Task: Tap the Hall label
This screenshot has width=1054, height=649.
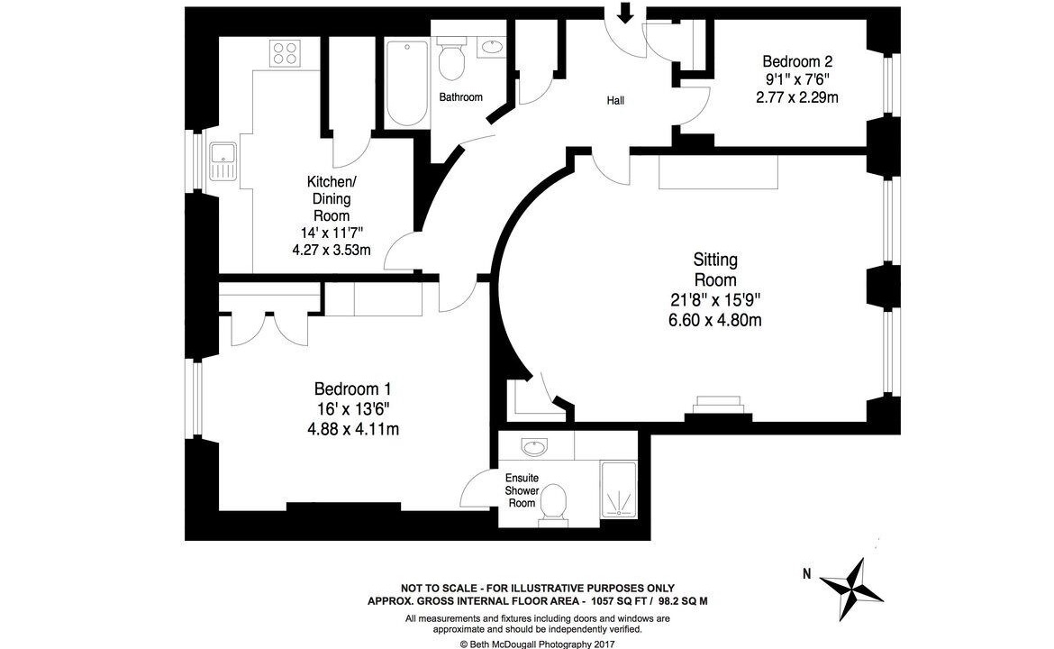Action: point(615,101)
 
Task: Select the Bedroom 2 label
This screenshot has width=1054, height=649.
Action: point(797,61)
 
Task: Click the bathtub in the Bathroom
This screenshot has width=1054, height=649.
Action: point(406,83)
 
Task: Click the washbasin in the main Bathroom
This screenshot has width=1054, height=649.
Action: point(492,48)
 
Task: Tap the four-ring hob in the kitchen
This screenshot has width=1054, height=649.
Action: point(285,53)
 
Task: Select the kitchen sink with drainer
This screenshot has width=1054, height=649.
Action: point(223,161)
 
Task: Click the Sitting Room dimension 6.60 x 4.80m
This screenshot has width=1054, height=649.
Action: point(714,320)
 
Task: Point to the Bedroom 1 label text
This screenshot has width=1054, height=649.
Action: point(352,388)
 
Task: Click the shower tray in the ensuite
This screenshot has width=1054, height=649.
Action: point(618,489)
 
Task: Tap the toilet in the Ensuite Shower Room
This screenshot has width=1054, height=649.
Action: point(552,505)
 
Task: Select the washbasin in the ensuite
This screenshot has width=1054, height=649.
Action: point(534,446)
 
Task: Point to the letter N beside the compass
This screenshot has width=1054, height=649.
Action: point(806,573)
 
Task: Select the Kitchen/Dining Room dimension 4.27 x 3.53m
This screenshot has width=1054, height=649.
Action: point(332,251)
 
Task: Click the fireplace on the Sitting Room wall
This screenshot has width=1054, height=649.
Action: point(718,407)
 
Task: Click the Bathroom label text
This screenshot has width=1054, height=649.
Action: point(460,97)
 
